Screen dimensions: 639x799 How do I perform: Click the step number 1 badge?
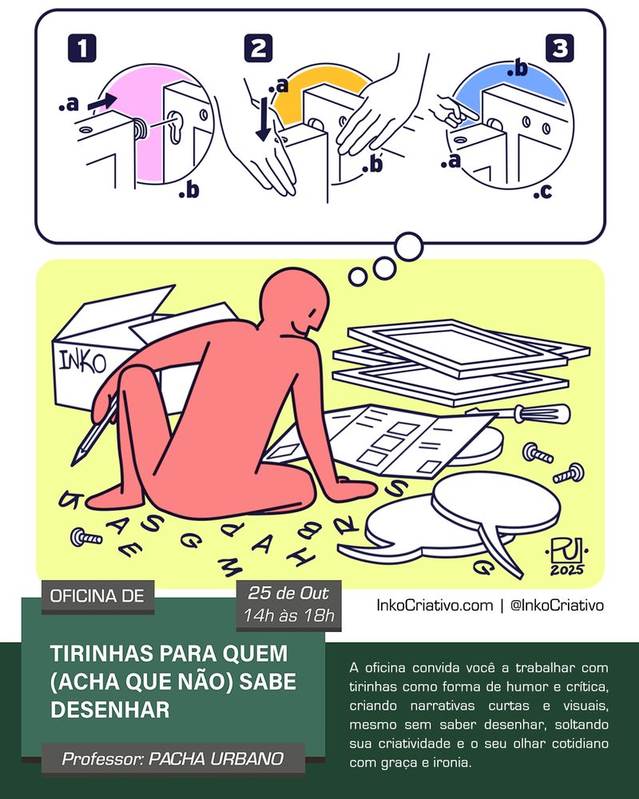(x=81, y=48)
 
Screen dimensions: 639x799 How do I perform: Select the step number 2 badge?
(x=258, y=48)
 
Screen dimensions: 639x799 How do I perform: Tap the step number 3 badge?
(x=559, y=48)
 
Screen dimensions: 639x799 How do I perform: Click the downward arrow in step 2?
(x=264, y=119)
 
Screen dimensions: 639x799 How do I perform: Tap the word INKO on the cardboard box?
(x=82, y=361)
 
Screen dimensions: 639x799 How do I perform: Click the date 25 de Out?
(x=288, y=593)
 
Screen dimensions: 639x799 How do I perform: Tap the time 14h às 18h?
(x=288, y=615)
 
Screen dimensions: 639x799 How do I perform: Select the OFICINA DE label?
(x=97, y=596)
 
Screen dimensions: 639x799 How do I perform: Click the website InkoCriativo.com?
(x=435, y=605)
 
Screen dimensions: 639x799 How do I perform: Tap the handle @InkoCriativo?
(x=557, y=605)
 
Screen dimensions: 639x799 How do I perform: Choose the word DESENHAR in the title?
(x=110, y=710)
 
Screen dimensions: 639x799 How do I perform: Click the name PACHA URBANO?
(x=216, y=759)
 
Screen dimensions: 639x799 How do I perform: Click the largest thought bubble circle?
(x=408, y=247)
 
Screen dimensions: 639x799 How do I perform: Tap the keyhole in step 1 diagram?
(x=175, y=127)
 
